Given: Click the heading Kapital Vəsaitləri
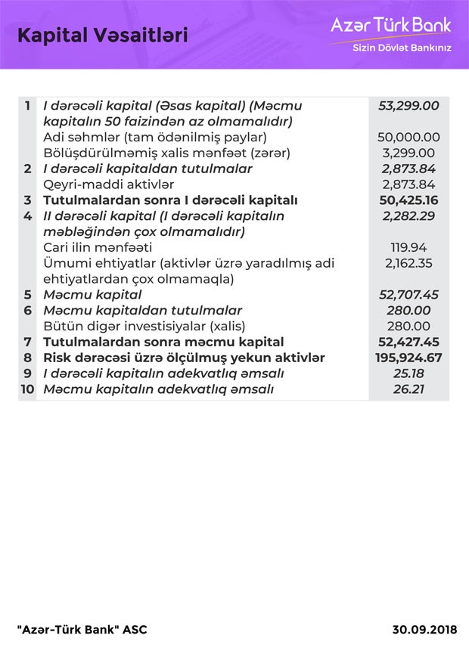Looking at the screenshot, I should click(102, 35).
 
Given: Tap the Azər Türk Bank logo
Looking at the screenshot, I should click(390, 25).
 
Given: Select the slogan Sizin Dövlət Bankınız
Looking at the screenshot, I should click(402, 48).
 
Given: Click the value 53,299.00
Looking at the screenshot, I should click(408, 106).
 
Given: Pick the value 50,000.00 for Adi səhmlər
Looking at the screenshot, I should click(408, 138).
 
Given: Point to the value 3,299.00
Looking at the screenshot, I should click(412, 153).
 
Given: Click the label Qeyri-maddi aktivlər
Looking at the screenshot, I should click(108, 184).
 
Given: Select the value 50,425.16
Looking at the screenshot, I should click(408, 200).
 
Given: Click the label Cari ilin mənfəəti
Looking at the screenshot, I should click(98, 247).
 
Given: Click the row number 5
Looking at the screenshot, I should click(27, 295).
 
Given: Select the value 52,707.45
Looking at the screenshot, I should click(408, 295).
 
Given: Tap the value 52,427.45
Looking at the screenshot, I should click(408, 342).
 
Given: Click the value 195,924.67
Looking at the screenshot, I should click(408, 358).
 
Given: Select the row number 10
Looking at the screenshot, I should click(27, 389).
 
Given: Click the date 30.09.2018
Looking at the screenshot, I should click(424, 630).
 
